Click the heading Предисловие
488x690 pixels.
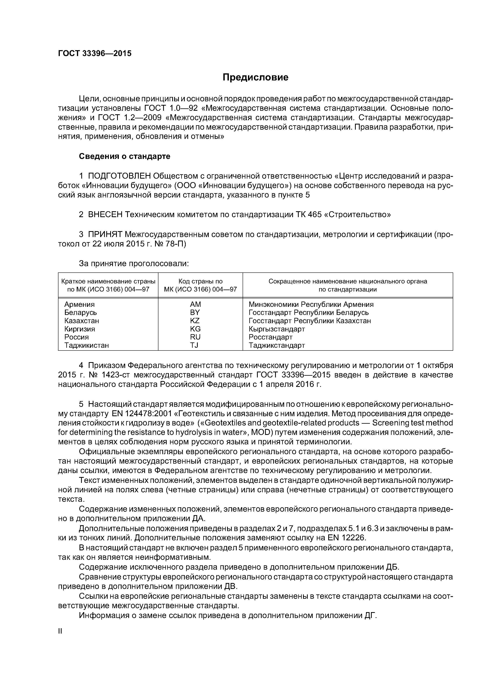255,77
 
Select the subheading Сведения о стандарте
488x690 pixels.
125,156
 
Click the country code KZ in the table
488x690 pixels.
195,321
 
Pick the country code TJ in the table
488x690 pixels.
194,345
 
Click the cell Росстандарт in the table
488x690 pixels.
271,337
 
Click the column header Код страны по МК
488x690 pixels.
200,285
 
